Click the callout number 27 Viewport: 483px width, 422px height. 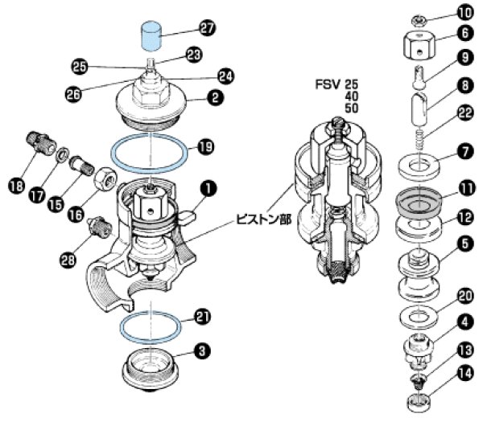[x=208, y=28]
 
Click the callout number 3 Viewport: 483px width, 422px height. [x=204, y=351]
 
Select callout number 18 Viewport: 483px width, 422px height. [x=15, y=187]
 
